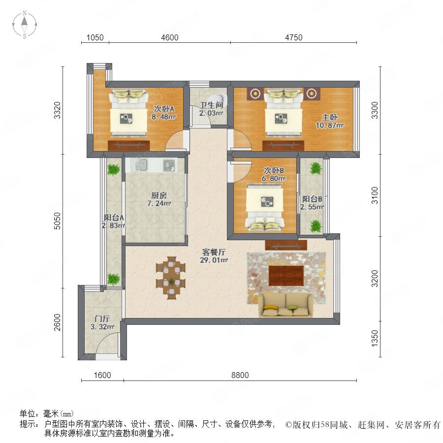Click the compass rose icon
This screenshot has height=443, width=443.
pyautogui.click(x=25, y=24)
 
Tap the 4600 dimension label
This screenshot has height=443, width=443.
pyautogui.click(x=169, y=37)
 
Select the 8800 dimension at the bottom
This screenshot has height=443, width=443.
pyautogui.click(x=240, y=375)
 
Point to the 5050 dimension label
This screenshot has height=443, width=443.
pyautogui.click(x=58, y=221)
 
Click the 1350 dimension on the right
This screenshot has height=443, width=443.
pyautogui.click(x=375, y=338)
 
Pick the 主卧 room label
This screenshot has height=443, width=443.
pyautogui.click(x=330, y=117)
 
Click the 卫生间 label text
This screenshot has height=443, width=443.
pyautogui.click(x=212, y=105)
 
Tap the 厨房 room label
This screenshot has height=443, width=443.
pyautogui.click(x=159, y=195)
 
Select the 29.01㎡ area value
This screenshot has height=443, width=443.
pyautogui.click(x=214, y=260)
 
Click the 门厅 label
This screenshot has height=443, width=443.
pyautogui.click(x=102, y=318)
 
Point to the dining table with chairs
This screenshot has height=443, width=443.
pyautogui.click(x=171, y=278)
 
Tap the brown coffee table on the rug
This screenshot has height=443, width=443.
pyautogui.click(x=286, y=276)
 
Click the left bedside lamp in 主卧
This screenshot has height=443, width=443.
pyautogui.click(x=255, y=93)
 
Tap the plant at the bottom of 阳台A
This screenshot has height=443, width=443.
pyautogui.click(x=113, y=279)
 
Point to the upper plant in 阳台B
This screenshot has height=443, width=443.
pyautogui.click(x=316, y=168)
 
